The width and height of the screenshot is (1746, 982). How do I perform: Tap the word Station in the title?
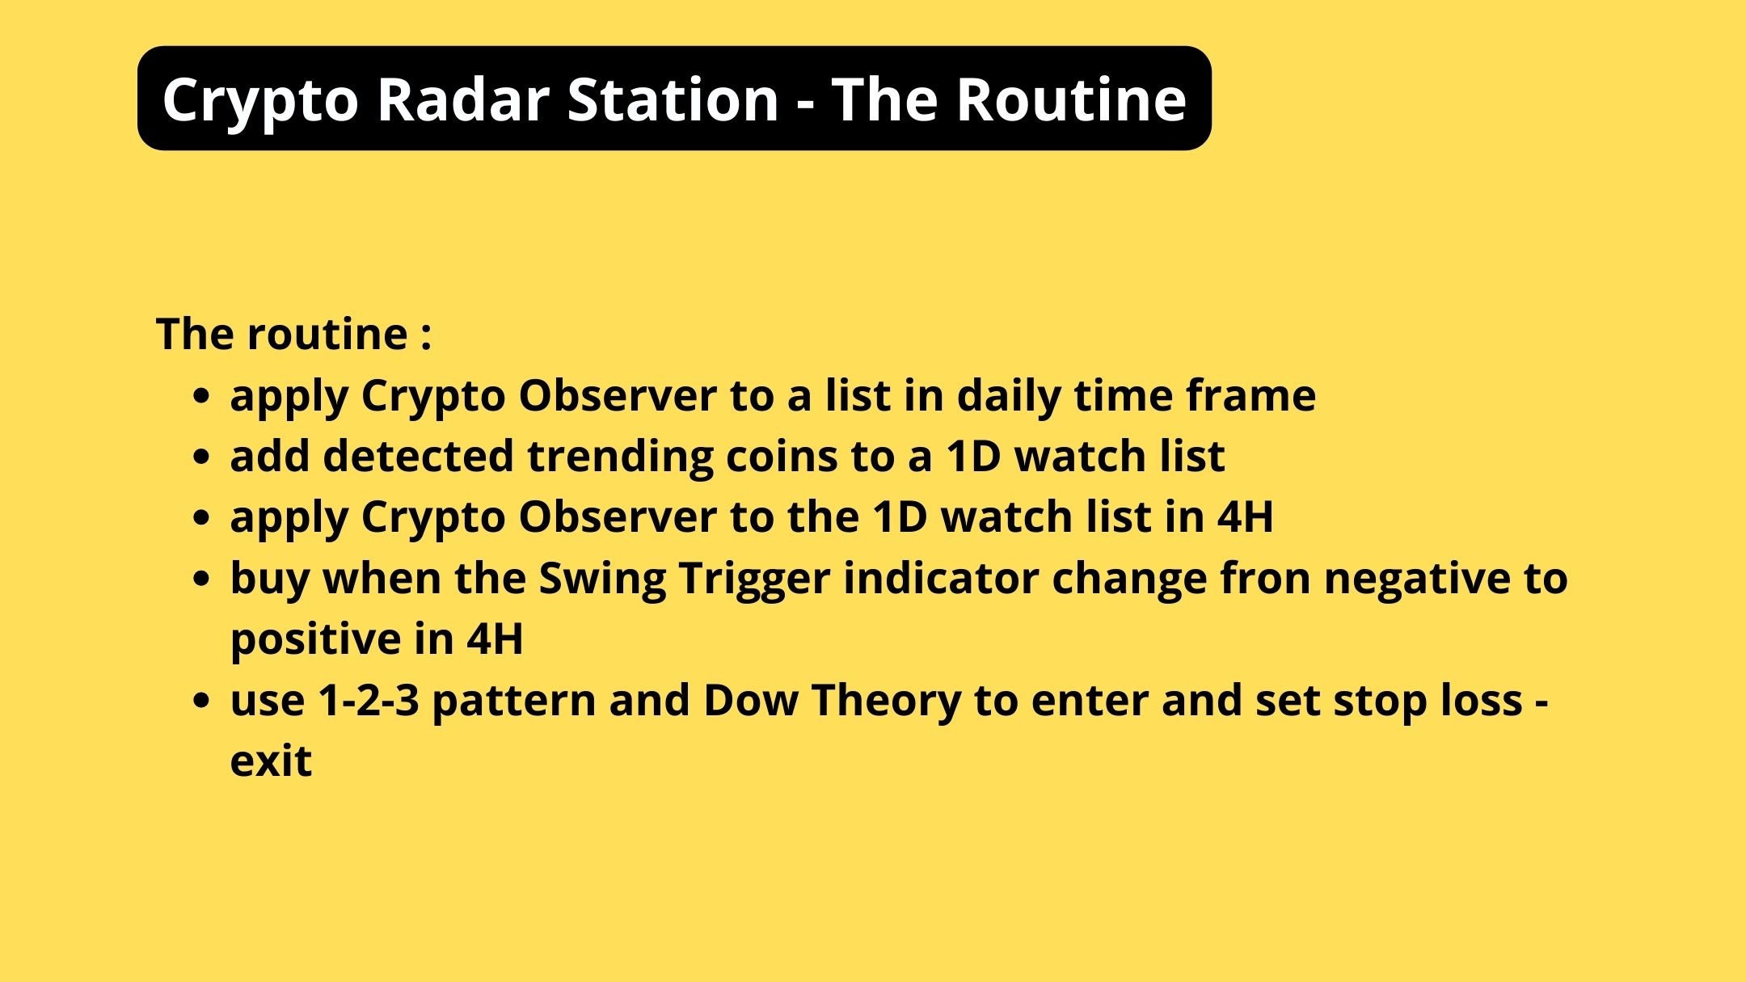point(673,99)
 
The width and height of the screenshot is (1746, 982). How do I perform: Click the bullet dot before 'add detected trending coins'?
point(202,457)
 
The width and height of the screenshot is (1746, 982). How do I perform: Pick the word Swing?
point(601,579)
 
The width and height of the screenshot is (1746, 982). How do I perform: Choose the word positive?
point(314,639)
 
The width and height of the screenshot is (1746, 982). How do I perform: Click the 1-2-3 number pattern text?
point(369,700)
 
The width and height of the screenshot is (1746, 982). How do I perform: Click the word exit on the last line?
point(271,761)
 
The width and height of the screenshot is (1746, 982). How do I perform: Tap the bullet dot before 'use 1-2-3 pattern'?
point(202,700)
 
